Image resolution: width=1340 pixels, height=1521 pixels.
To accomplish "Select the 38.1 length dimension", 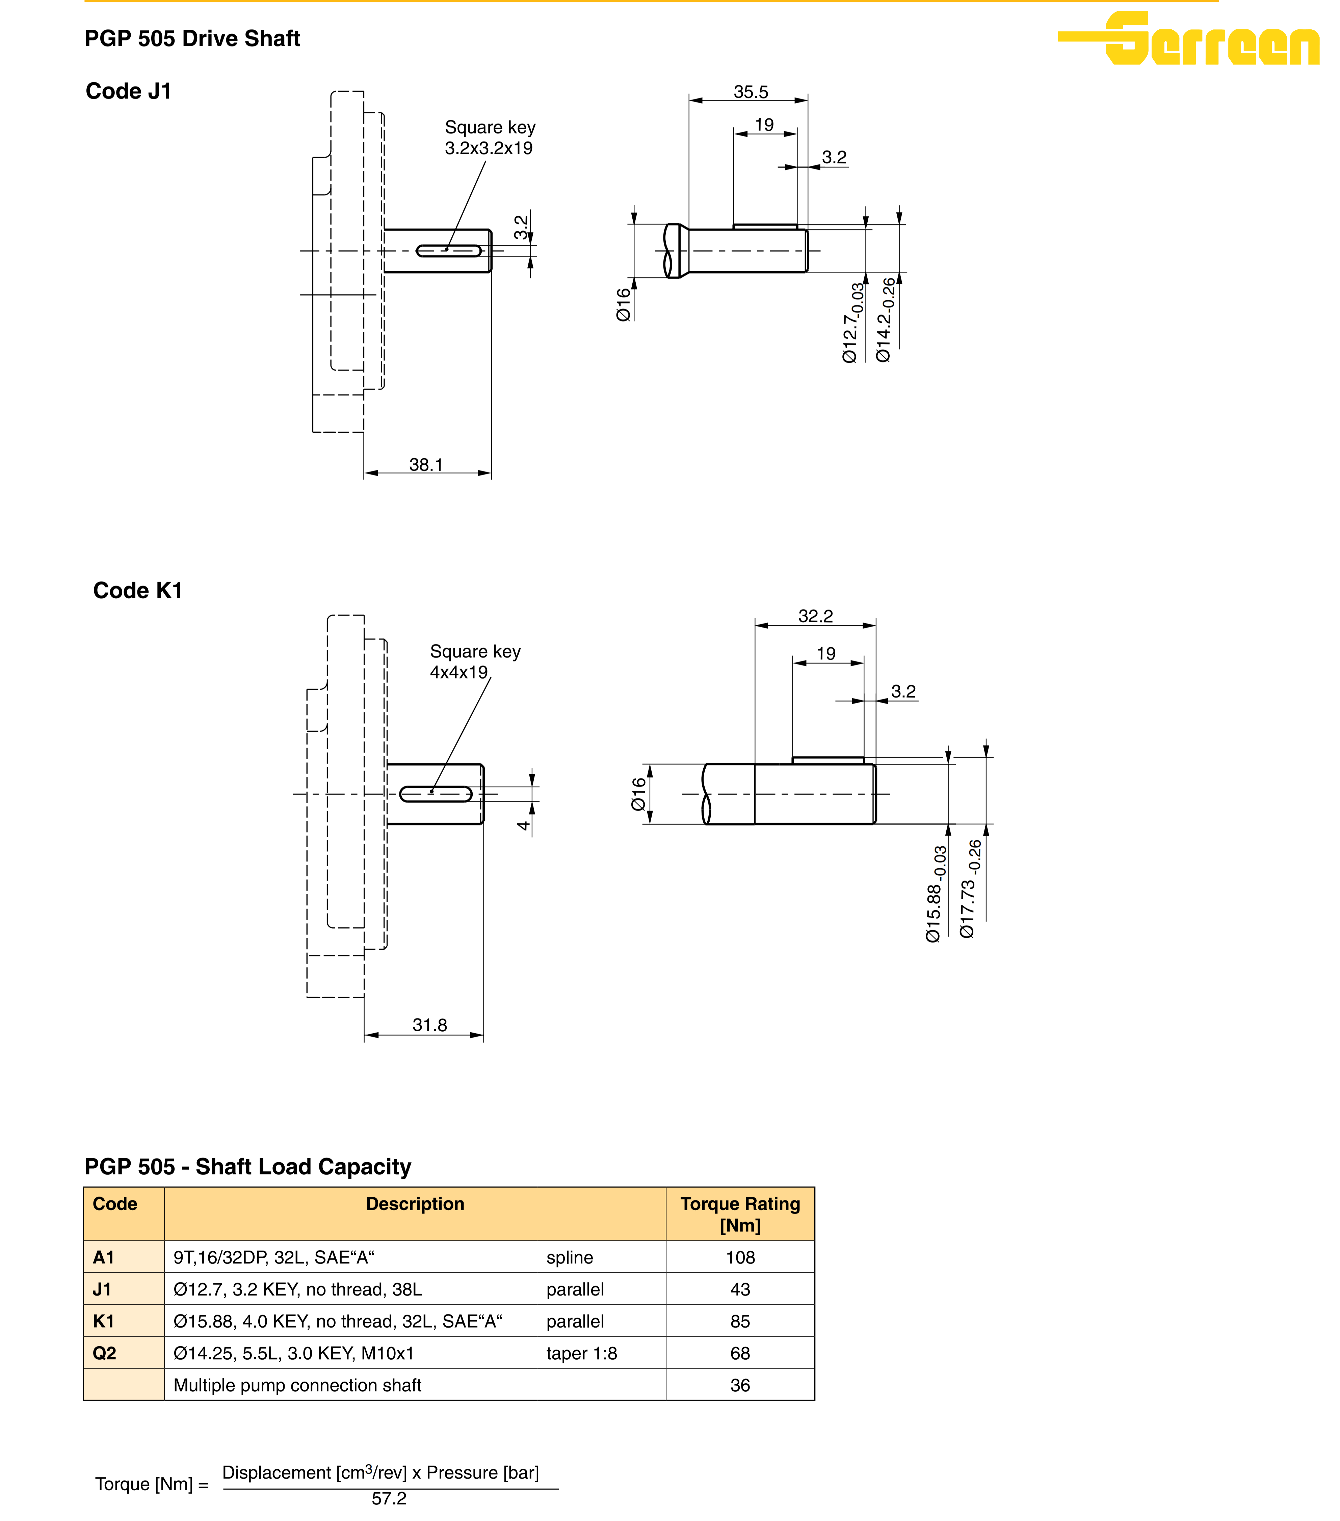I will click(x=426, y=465).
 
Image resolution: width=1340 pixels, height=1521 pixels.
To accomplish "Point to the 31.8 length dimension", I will click(x=429, y=1025).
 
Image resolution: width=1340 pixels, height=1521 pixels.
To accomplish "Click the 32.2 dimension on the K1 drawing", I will click(x=815, y=616).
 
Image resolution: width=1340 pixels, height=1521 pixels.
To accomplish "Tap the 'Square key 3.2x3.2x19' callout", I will click(x=489, y=138).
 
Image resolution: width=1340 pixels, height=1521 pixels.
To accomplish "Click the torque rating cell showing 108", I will click(x=740, y=1257).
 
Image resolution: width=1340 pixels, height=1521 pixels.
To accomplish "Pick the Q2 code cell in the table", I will click(x=104, y=1354).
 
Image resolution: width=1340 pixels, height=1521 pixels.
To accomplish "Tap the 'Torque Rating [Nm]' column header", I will click(x=740, y=1215).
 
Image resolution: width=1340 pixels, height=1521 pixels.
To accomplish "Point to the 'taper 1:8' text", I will click(x=581, y=1354).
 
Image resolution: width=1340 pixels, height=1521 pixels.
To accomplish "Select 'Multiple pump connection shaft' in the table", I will click(x=297, y=1386).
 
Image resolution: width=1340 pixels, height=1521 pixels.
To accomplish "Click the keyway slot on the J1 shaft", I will click(x=448, y=251).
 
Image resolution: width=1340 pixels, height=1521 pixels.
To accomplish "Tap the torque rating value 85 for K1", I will click(x=740, y=1322).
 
